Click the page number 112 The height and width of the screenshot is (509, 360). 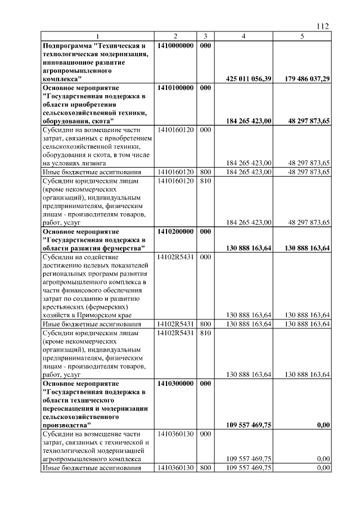(x=322, y=26)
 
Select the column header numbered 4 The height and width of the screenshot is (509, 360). (x=244, y=36)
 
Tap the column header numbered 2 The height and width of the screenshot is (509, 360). (x=175, y=36)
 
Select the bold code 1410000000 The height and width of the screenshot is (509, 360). (x=175, y=44)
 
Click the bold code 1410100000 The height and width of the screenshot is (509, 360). (x=175, y=88)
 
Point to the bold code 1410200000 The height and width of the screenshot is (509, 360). (x=175, y=231)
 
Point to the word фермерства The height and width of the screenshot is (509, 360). (x=123, y=248)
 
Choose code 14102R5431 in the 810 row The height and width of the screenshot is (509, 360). (x=175, y=333)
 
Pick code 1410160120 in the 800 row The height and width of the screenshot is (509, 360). (x=175, y=172)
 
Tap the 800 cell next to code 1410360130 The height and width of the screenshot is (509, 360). (x=206, y=467)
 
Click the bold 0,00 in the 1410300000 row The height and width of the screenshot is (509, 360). (x=323, y=425)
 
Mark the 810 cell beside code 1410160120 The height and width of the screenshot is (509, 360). (x=206, y=181)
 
